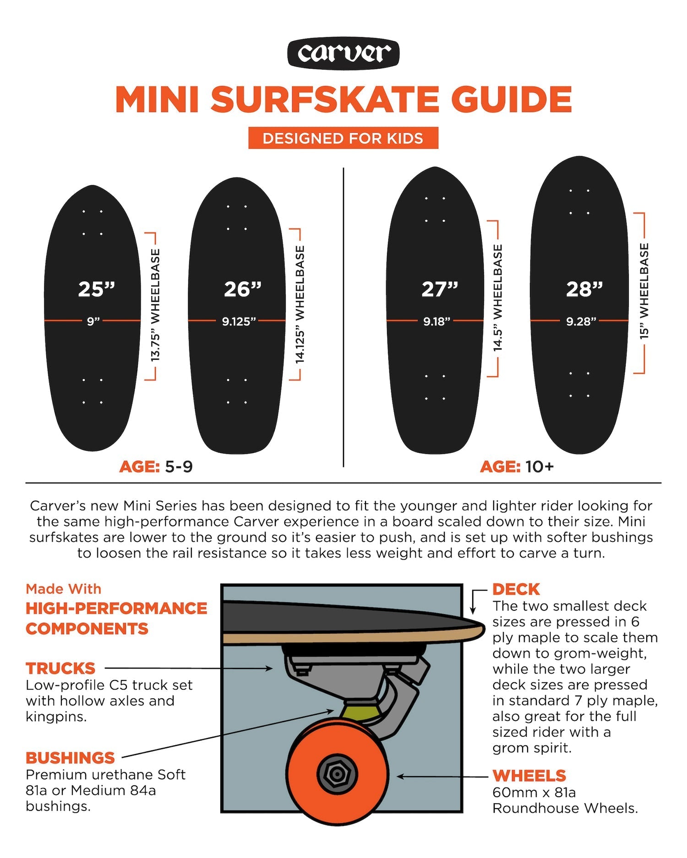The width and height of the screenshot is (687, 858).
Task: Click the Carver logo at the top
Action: (343, 53)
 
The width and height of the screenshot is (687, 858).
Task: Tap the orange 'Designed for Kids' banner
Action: (343, 138)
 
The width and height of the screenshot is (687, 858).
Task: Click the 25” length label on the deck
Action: (96, 289)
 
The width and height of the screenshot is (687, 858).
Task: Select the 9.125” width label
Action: (239, 321)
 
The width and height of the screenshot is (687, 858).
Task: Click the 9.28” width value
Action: (581, 321)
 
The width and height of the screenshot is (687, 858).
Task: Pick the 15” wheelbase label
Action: (644, 291)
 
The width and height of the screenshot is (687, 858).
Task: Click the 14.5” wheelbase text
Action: (498, 297)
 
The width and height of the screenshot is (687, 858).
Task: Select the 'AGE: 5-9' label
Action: (156, 467)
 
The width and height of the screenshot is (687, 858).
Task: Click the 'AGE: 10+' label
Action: (517, 467)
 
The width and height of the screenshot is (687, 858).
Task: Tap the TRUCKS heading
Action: (60, 669)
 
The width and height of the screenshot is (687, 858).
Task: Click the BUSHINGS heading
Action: (70, 758)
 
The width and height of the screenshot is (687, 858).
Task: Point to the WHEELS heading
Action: (529, 776)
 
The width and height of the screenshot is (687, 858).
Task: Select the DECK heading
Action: (516, 589)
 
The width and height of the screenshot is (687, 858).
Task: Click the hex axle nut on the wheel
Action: (337, 774)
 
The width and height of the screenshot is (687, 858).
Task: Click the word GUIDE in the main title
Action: (512, 99)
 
